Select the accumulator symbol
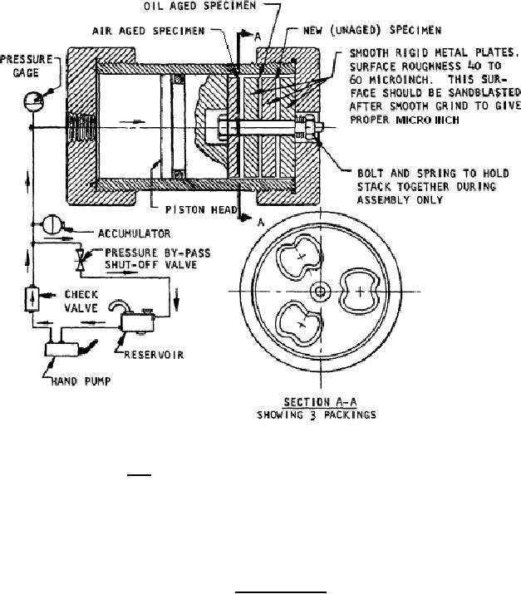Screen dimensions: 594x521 (x=47, y=224)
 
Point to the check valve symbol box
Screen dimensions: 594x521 (x=31, y=297)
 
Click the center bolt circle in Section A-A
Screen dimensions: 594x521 (x=319, y=292)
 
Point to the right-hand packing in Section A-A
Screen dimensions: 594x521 (x=357, y=292)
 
